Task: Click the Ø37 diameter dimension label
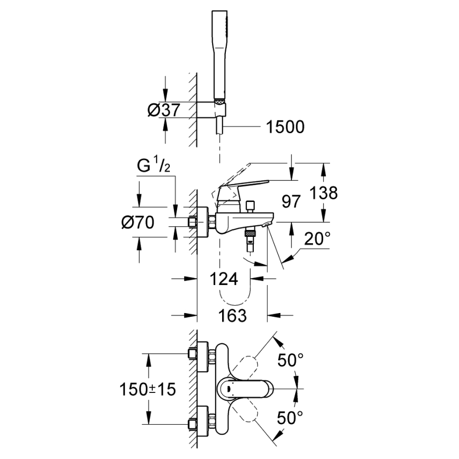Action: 164,111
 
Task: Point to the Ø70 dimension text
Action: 137,223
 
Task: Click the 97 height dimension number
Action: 291,201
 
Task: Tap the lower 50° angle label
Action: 291,417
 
